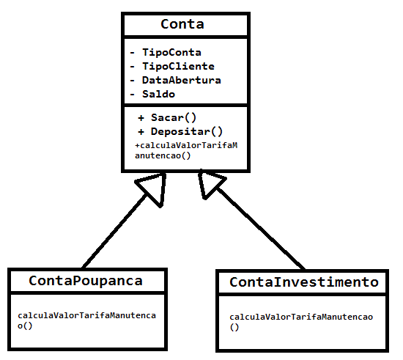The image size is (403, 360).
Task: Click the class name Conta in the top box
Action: pos(182,24)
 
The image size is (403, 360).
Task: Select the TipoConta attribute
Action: pos(171,53)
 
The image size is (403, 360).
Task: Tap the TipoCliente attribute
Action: pos(178,66)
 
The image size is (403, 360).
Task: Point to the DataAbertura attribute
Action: pos(182,80)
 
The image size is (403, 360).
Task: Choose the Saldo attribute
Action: pos(158,94)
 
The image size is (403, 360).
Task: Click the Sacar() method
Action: pos(174,118)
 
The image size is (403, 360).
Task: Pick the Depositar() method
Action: pos(187,132)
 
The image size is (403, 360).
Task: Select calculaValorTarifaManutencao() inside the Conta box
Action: pos(186,150)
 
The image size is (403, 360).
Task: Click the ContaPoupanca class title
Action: pos(86,281)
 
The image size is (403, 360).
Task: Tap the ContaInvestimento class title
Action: pos(304,282)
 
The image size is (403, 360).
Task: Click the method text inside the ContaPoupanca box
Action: pos(86,320)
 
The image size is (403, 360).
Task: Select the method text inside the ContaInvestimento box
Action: pos(301,322)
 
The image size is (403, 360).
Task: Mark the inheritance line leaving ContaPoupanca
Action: pos(114,232)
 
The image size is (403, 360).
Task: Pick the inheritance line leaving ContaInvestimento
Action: pos(261,229)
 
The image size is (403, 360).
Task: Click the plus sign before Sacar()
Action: pos(141,118)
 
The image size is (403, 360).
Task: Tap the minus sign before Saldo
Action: pos(133,95)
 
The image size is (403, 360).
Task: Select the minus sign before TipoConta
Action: pos(133,53)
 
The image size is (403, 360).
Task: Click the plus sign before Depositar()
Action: pos(141,132)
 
